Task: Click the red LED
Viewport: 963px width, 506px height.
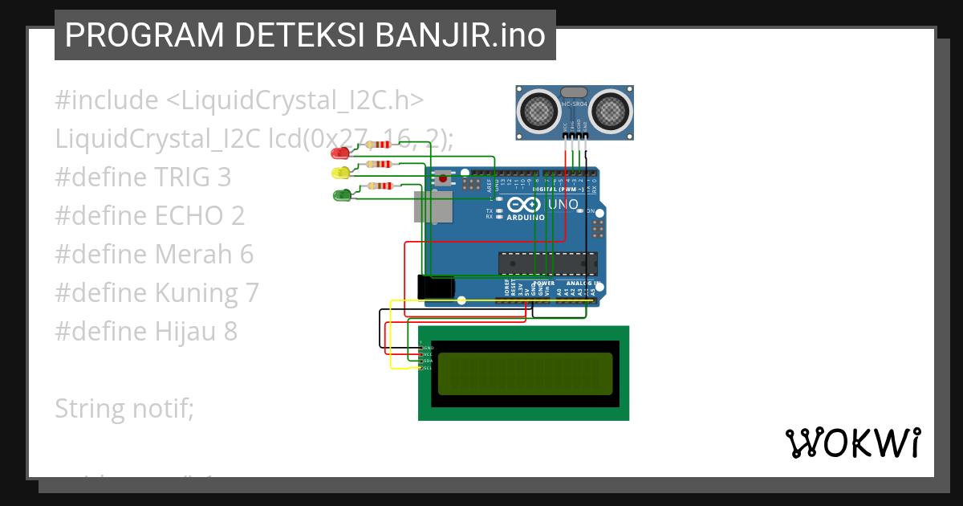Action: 342,153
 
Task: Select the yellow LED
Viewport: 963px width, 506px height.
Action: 340,173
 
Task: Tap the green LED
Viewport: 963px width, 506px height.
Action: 341,194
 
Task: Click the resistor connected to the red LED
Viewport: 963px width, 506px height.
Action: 378,145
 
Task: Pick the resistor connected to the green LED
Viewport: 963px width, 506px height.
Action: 380,186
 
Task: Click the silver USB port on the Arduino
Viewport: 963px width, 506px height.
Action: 430,206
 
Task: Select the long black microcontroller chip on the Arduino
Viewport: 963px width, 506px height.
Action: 548,263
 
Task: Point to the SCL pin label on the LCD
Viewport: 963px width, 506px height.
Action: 427,368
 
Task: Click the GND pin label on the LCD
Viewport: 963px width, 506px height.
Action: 427,348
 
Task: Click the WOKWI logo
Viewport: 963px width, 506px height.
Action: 852,443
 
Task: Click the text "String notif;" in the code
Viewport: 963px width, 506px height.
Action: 124,409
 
